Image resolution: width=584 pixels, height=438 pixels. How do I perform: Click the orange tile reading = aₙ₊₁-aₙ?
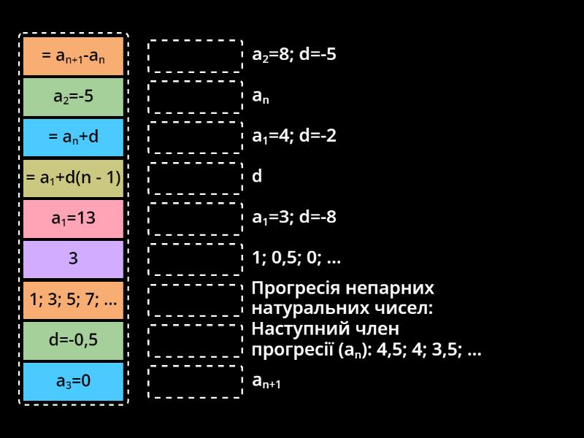(x=73, y=56)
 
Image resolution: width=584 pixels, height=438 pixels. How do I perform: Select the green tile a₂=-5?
(x=73, y=96)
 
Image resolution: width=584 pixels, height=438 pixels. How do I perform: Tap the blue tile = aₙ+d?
(x=73, y=137)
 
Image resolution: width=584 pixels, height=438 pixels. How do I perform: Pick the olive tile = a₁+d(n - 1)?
(x=73, y=177)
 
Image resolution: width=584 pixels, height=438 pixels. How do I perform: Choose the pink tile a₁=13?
(x=73, y=218)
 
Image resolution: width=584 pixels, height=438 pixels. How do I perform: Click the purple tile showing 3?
(x=73, y=258)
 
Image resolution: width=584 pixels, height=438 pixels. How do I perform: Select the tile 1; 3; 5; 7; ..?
(x=73, y=299)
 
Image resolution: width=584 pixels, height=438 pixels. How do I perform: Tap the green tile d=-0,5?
(x=73, y=340)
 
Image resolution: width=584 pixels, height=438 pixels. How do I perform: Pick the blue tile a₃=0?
(x=73, y=380)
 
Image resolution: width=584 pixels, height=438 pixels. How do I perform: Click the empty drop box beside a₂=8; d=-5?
(x=195, y=56)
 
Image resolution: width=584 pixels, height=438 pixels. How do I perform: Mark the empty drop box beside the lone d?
(x=195, y=177)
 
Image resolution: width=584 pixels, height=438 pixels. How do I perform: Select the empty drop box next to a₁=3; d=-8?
(x=195, y=218)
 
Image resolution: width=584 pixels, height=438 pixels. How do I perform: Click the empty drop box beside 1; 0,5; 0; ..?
(x=195, y=258)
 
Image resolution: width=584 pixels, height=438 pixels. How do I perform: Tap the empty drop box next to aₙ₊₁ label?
(x=195, y=381)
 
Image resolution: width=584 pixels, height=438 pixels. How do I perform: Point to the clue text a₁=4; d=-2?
(x=294, y=137)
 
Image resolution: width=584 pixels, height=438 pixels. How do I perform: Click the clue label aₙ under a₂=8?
(x=261, y=96)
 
